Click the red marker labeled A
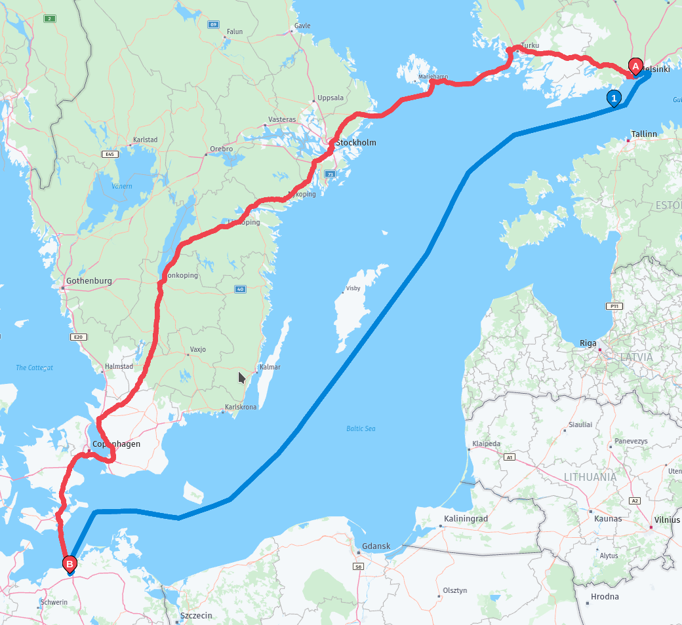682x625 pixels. click(x=635, y=66)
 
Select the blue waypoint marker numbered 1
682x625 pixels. click(x=614, y=98)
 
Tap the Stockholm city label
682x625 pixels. click(x=356, y=142)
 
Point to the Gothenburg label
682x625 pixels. click(x=89, y=281)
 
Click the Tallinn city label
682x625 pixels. click(x=643, y=134)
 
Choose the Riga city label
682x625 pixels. click(x=588, y=343)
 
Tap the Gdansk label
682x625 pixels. click(x=376, y=546)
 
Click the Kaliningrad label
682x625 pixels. click(x=466, y=519)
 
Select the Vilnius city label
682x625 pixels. click(x=668, y=520)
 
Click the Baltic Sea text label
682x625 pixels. click(x=361, y=428)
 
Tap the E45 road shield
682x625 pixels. click(x=110, y=154)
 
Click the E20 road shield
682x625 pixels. click(x=78, y=337)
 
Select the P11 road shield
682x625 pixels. click(x=613, y=306)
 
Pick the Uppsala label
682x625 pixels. click(x=330, y=98)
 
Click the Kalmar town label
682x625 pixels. click(x=270, y=368)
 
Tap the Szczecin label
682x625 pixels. click(x=196, y=616)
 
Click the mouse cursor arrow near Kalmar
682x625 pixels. click(x=241, y=377)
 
